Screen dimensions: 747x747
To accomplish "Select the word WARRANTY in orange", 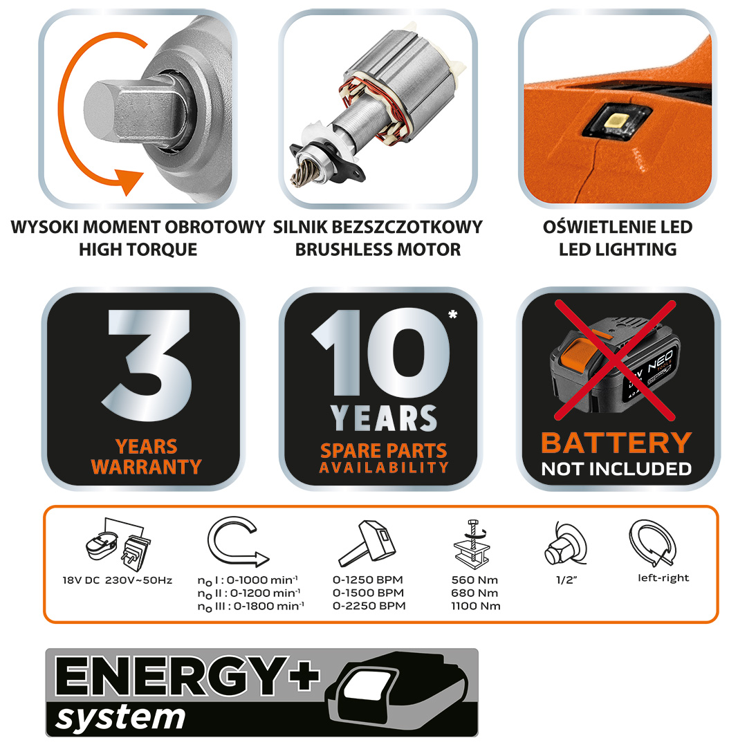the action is tap(146, 466).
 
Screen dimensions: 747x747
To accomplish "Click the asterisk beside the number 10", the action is tap(452, 315).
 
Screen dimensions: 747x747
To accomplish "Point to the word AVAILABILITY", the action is tap(384, 468).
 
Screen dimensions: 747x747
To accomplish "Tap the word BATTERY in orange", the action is tap(616, 443).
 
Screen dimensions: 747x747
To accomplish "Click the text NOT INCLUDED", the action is tap(616, 469).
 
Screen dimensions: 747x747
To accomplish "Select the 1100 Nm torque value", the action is tap(475, 606).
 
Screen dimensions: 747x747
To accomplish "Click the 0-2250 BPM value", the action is tap(369, 606).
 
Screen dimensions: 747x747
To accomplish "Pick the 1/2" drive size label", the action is tap(567, 580).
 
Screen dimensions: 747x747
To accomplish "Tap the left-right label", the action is tap(663, 578).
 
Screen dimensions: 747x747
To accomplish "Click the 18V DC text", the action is tap(81, 580).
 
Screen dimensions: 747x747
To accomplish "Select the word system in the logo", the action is tap(120, 717).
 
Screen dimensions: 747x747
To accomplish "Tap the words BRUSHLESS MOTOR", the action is tap(378, 250).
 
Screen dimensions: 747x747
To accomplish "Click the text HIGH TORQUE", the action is tap(138, 250).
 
